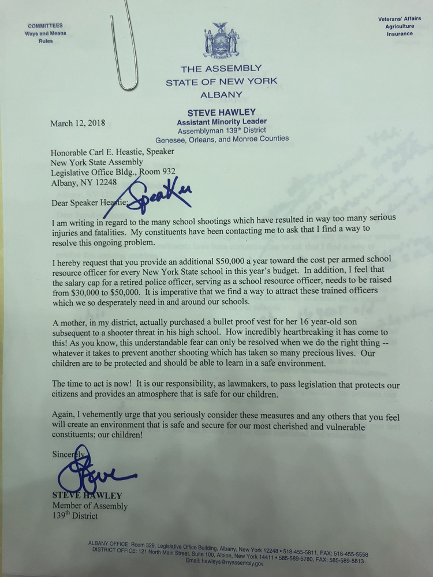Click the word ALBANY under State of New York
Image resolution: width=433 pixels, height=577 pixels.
point(222,95)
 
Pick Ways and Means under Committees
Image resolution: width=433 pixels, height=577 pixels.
point(45,33)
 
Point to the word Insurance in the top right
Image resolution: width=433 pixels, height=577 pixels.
point(400,34)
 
